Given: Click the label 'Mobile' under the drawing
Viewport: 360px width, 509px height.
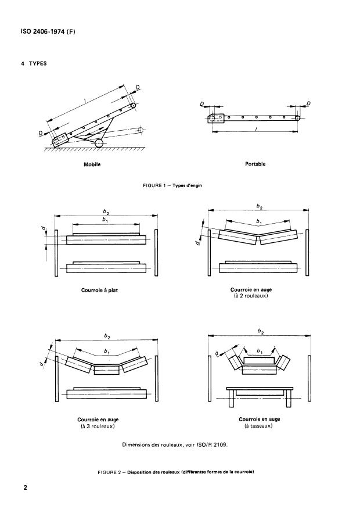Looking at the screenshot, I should coord(93,164).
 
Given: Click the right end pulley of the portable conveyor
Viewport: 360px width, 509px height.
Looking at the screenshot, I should coord(298,117).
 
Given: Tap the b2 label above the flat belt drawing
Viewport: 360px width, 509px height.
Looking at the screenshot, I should coord(105,213).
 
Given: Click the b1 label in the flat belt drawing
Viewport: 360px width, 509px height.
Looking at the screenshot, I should coord(105,221).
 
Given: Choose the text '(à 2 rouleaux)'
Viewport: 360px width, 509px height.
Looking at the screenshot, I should coord(255,296).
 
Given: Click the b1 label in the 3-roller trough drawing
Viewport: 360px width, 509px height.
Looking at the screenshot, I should coord(106,352).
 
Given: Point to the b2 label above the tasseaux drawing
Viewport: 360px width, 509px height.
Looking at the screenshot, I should coord(260,332).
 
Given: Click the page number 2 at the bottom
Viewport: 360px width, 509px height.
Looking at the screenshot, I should coord(26,487).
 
